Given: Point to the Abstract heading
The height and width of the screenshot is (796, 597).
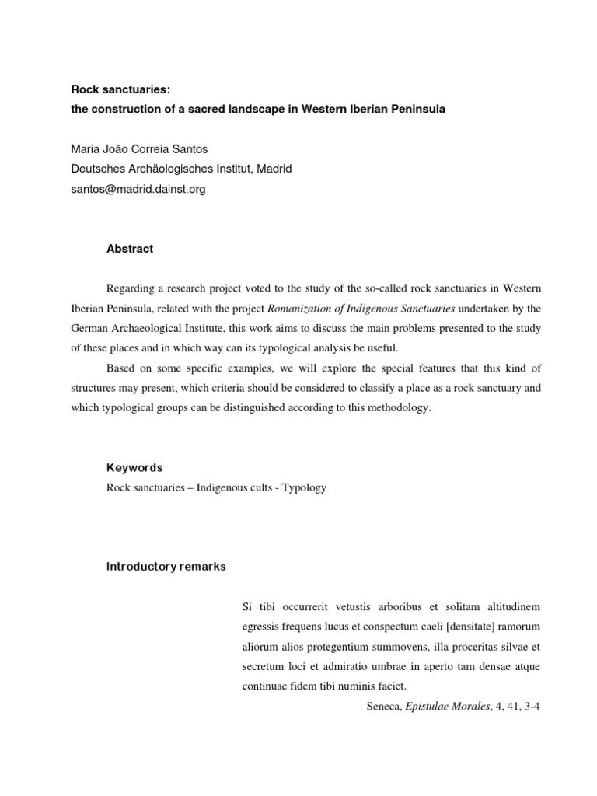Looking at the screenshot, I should click(x=130, y=249).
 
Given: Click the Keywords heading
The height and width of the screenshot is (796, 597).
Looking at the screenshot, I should click(x=134, y=468).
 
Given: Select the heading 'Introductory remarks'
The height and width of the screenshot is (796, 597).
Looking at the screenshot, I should click(x=166, y=567).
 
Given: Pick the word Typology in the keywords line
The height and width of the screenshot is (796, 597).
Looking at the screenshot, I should click(x=304, y=488).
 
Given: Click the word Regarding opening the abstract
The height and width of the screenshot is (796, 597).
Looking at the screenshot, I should click(x=131, y=287).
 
